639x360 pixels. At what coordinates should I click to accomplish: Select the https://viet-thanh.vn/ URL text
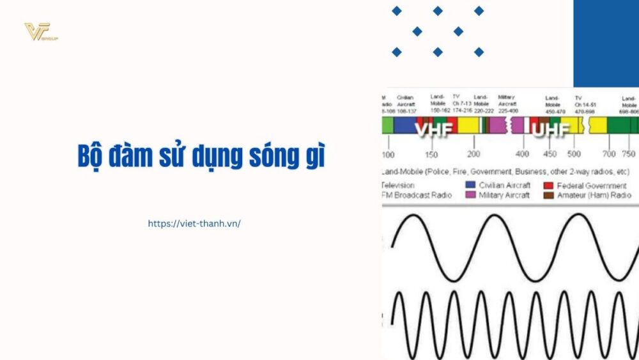click(194, 224)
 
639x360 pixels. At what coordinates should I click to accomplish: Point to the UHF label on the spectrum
click(550, 130)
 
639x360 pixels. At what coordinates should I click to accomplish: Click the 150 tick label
click(433, 154)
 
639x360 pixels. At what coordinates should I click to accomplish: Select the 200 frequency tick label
click(473, 154)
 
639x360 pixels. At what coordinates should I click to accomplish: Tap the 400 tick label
click(522, 154)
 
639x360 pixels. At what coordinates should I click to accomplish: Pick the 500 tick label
click(574, 154)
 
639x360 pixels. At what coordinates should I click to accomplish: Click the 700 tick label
click(609, 154)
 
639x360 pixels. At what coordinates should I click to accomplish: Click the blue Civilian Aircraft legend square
click(470, 185)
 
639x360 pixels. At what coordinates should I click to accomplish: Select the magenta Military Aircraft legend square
click(470, 195)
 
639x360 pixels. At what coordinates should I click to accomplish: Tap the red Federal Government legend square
click(548, 185)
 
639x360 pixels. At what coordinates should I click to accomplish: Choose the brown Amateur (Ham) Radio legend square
click(548, 195)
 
